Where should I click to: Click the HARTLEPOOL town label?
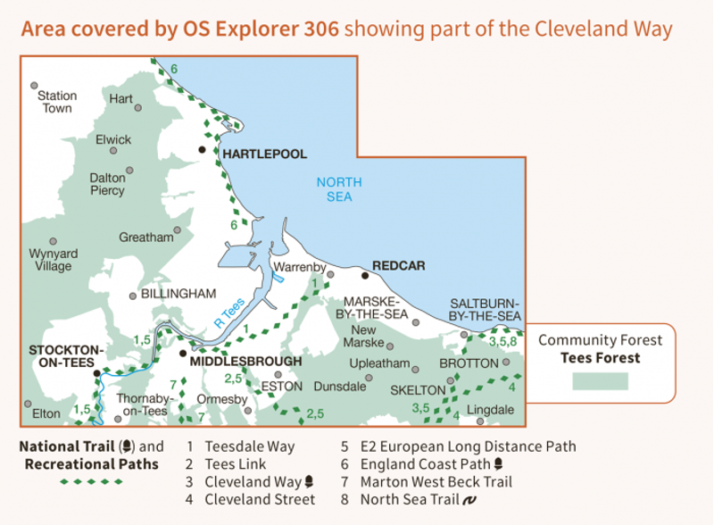[264, 154]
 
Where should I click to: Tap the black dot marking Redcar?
[364, 275]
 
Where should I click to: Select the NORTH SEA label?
[339, 189]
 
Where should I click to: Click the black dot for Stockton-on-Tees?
[97, 373]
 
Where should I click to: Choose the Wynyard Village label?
[53, 260]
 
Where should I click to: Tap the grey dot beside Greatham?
[178, 229]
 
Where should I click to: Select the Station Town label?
[57, 102]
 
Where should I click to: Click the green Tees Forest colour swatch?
[600, 381]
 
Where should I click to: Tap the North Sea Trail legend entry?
[410, 500]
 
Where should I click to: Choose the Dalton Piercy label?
[107, 184]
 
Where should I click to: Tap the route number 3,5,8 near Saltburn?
[503, 341]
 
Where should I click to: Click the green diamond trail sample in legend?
[92, 482]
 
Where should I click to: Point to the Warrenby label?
[300, 267]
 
